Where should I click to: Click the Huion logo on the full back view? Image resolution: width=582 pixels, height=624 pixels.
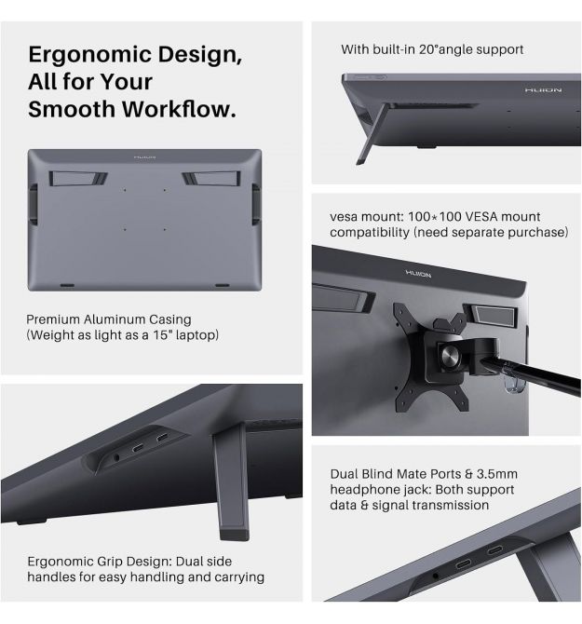click(144, 157)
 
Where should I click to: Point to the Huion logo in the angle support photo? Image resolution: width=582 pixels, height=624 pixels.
click(543, 90)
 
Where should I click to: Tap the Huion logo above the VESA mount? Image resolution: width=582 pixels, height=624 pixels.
click(418, 274)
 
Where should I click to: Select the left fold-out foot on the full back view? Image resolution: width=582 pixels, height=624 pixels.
click(78, 179)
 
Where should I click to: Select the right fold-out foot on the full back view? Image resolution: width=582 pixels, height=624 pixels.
click(211, 179)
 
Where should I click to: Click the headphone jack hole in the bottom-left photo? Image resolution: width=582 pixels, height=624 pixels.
click(116, 457)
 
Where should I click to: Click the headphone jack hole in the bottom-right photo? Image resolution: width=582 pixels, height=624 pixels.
click(436, 576)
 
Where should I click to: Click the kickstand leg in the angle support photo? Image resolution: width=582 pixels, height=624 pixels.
click(372, 134)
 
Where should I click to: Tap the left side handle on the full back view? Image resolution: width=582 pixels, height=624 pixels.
click(34, 204)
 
